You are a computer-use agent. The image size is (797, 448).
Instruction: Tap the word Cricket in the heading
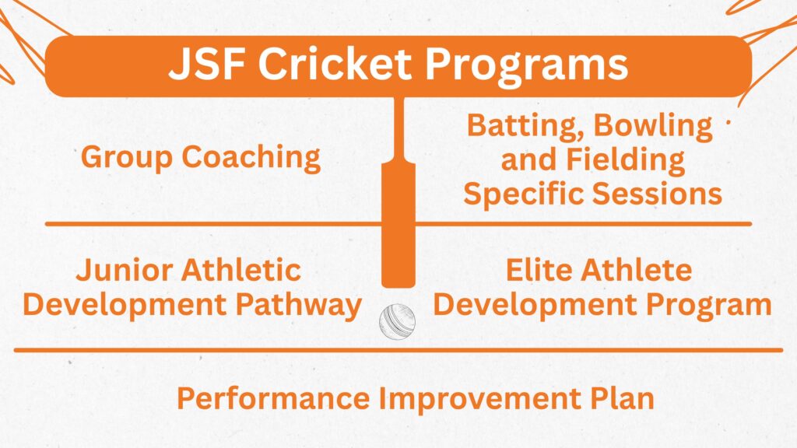point(338,65)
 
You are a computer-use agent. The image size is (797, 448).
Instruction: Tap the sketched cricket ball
point(397,320)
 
